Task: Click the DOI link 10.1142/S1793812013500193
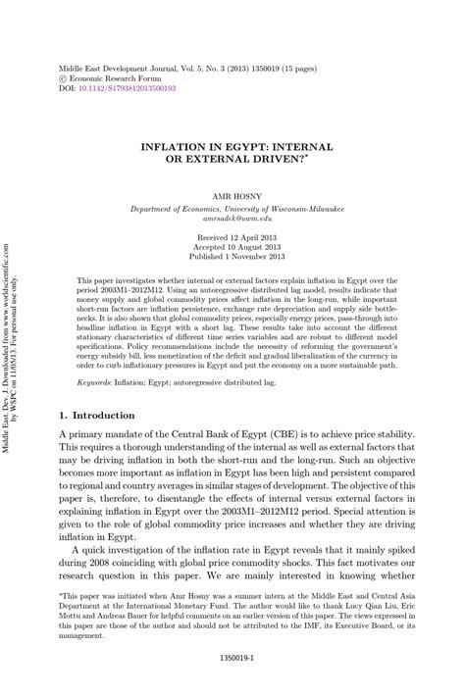tap(130, 87)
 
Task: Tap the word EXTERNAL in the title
tap(244, 159)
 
